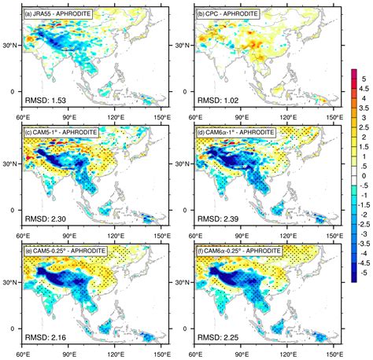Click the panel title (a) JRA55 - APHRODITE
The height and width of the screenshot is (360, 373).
(x=65, y=12)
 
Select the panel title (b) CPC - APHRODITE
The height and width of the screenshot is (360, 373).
(x=227, y=12)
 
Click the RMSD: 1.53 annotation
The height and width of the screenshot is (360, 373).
(x=46, y=102)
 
